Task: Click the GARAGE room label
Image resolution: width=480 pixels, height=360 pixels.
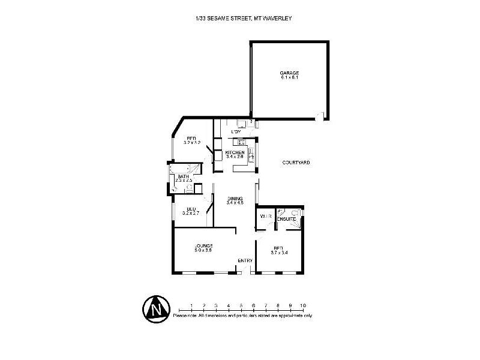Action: (x=289, y=73)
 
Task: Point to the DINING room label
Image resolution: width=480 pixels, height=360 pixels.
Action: (x=234, y=199)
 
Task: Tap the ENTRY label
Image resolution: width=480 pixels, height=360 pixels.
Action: (x=245, y=260)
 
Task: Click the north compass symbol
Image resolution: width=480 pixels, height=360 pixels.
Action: (x=157, y=308)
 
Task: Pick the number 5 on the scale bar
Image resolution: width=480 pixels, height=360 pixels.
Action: (x=241, y=305)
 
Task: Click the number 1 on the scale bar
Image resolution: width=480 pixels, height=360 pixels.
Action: (x=191, y=305)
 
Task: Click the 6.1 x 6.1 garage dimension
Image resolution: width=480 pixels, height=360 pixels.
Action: (x=289, y=77)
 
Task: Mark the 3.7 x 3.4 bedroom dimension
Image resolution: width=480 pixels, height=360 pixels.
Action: (x=278, y=252)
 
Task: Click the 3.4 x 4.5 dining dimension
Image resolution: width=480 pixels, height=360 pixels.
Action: (x=234, y=203)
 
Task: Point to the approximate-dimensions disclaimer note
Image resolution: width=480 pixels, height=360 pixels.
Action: (x=242, y=315)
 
